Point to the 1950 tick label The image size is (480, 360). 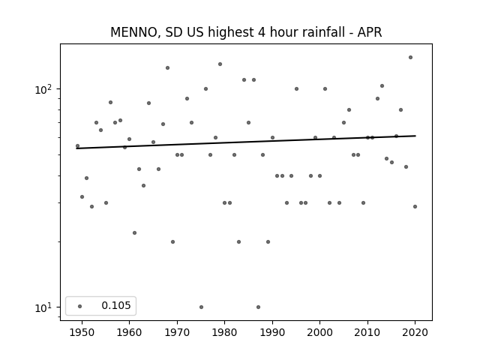tap(82, 332)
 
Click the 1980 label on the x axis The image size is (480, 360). tap(224, 332)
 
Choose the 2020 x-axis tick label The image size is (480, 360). tap(415, 332)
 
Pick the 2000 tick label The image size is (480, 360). tap(319, 332)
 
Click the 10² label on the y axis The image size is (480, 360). tap(45, 89)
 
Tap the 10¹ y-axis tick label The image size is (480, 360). tap(45, 307)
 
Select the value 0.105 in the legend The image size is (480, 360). tap(116, 305)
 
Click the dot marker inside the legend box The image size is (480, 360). tap(80, 306)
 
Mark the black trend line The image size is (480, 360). tap(246, 142)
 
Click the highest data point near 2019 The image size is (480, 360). tap(410, 58)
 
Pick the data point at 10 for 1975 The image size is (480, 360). tap(201, 307)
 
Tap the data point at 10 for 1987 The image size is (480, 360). tap(258, 307)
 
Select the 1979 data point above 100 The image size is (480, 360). tap(220, 64)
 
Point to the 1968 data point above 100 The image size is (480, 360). tap(167, 68)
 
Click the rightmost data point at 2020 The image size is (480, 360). tap(415, 207)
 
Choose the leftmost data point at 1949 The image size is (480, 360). tap(77, 146)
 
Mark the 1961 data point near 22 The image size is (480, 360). tap(134, 233)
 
